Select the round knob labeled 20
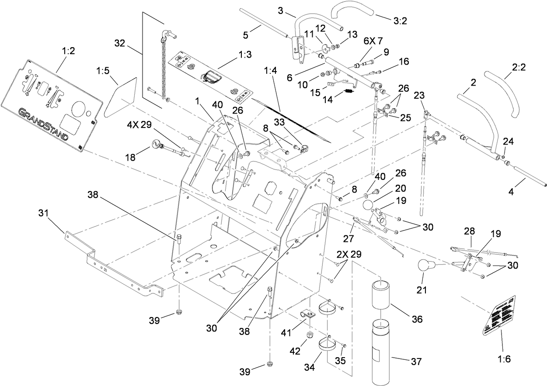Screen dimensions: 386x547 [369, 205]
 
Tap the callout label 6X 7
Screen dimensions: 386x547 [373, 41]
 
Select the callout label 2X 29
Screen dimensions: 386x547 [348, 254]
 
